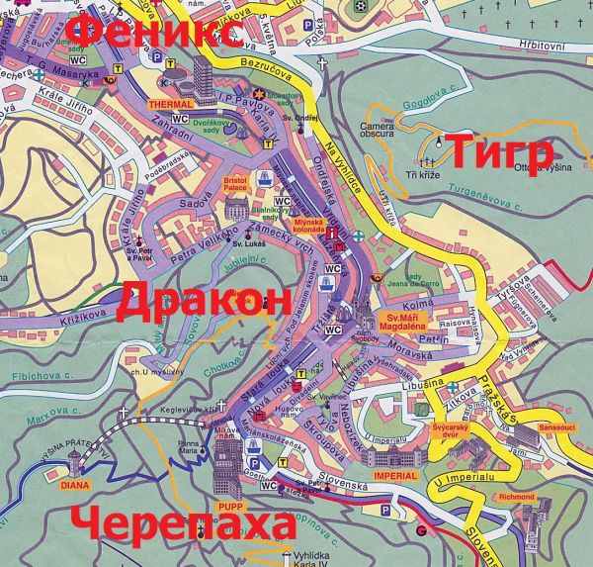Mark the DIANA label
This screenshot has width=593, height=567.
tap(74, 485)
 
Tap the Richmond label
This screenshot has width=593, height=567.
tap(517, 496)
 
